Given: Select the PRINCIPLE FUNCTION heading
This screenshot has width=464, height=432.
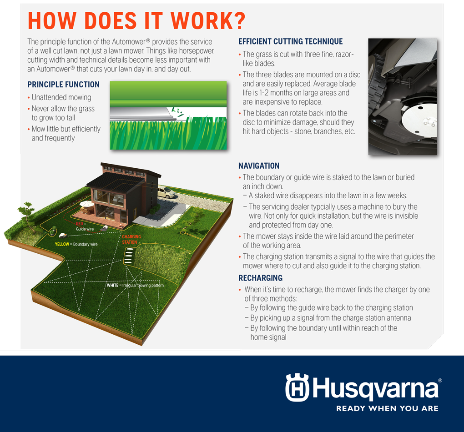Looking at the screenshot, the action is pyautogui.click(x=63, y=85).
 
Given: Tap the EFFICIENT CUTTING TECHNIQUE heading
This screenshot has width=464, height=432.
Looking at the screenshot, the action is pyautogui.click(x=291, y=41).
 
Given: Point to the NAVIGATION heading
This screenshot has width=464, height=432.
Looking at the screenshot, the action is pyautogui.click(x=259, y=166).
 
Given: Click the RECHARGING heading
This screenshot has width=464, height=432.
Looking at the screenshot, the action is pyautogui.click(x=260, y=278).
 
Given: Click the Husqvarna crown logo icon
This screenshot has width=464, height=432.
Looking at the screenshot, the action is pyautogui.click(x=297, y=387).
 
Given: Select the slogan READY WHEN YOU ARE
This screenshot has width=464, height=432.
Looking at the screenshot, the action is pyautogui.click(x=387, y=409).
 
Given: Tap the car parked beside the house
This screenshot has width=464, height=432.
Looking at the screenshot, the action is pyautogui.click(x=166, y=192).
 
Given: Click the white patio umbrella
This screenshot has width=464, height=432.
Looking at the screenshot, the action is pyautogui.click(x=87, y=204).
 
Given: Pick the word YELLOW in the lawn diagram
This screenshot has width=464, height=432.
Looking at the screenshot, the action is pyautogui.click(x=62, y=244).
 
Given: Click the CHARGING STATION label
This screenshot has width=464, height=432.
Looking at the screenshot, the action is pyautogui.click(x=131, y=239).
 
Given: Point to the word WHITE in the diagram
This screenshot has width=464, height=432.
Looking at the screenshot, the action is pyautogui.click(x=112, y=285).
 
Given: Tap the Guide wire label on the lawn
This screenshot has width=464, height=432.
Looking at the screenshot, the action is pyautogui.click(x=85, y=229).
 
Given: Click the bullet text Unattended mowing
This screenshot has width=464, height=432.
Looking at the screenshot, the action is pyautogui.click(x=61, y=97).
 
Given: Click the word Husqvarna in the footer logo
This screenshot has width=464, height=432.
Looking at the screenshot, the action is pyautogui.click(x=375, y=388).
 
